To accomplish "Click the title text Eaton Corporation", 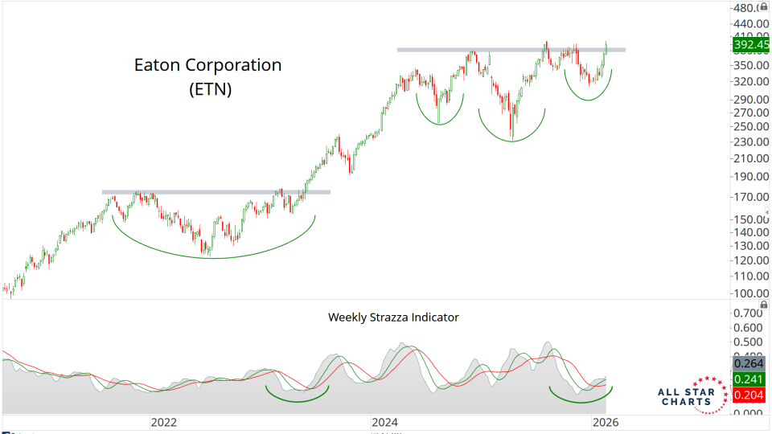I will click(x=207, y=65).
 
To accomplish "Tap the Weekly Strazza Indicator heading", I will click(x=393, y=317).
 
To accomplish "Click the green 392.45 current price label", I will click(x=749, y=46).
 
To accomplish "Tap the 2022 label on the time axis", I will click(x=163, y=421).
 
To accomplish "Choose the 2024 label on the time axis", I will click(x=385, y=421).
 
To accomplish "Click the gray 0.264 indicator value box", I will click(x=749, y=363).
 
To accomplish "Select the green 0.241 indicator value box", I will click(x=749, y=379).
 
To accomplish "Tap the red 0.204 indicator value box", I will click(x=749, y=395).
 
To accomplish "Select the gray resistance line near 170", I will click(x=216, y=192).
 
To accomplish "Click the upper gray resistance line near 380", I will click(x=511, y=50).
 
